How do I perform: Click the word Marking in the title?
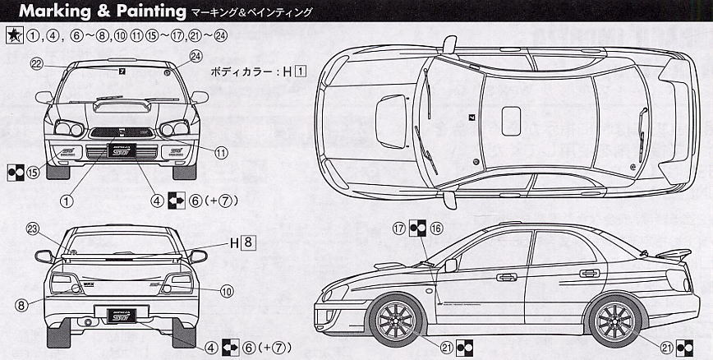pos(48,12)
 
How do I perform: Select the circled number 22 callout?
pos(36,63)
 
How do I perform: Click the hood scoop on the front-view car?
pos(118,104)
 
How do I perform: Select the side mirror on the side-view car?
pos(450,265)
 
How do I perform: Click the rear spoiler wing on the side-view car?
pos(668,253)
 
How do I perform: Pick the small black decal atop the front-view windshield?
pos(122,72)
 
